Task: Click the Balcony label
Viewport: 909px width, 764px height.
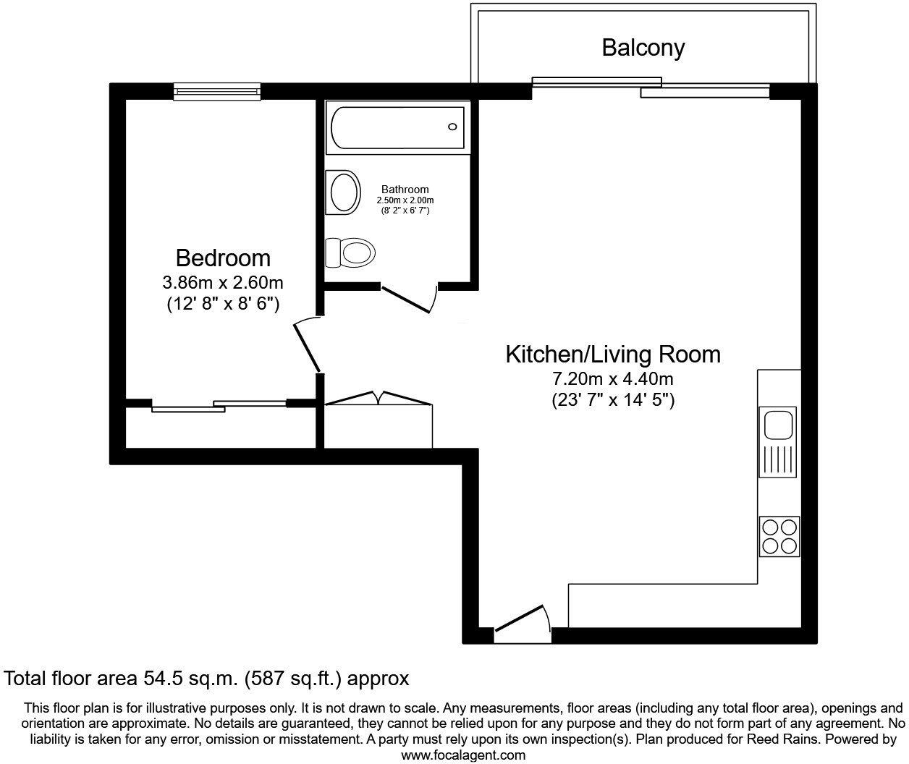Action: coord(643,48)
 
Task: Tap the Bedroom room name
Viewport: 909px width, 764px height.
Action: coord(223,258)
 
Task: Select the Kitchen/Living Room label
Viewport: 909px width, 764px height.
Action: coord(612,355)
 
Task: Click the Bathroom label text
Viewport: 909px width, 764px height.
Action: coord(405,190)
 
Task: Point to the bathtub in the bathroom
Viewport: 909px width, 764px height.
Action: coord(397,127)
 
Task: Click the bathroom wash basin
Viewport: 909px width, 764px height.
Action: coord(344,192)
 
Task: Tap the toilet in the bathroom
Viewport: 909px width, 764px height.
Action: coord(352,252)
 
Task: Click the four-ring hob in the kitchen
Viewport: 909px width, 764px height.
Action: coord(779,536)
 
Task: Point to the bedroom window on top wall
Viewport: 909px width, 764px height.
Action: coord(216,90)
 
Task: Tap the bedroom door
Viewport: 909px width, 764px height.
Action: coord(307,347)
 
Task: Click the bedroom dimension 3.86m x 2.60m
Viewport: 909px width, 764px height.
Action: coord(223,282)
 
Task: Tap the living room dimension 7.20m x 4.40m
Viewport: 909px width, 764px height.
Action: coord(612,378)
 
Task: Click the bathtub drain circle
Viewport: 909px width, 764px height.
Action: coord(452,127)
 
